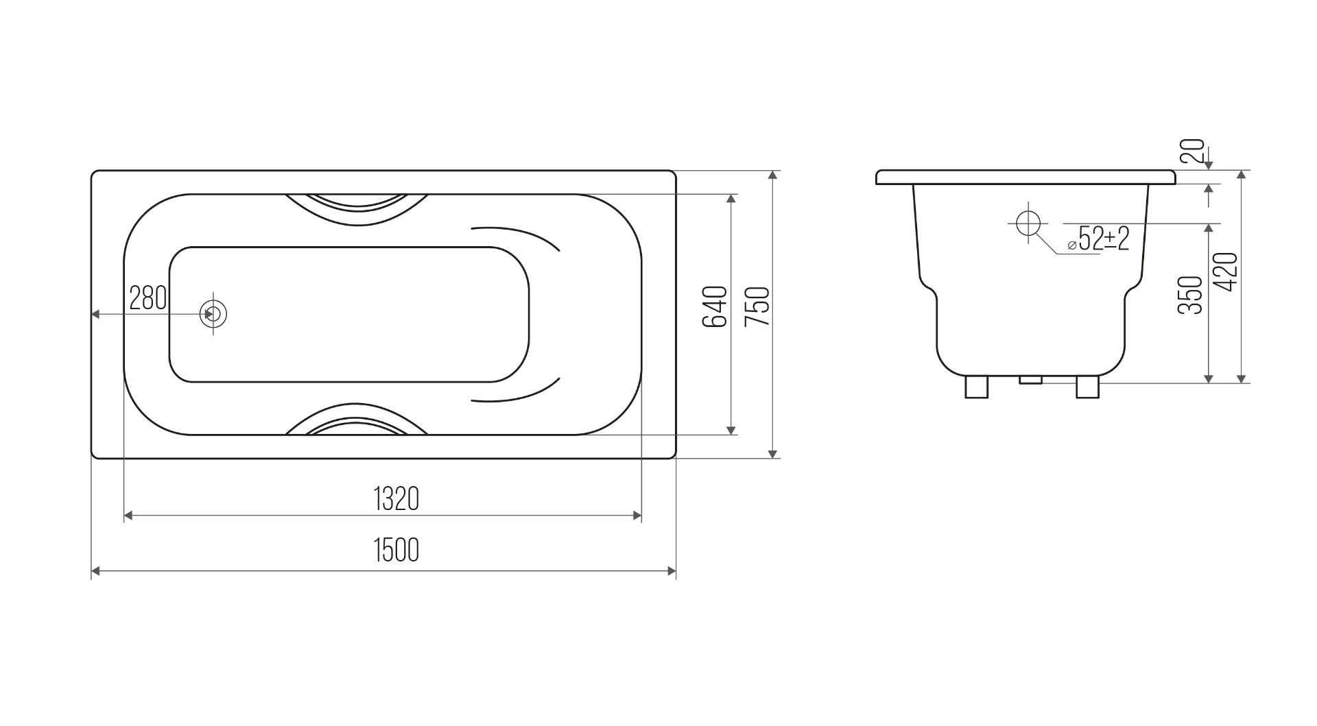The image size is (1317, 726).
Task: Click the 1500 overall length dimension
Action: click(396, 550)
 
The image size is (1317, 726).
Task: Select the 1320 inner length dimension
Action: click(396, 499)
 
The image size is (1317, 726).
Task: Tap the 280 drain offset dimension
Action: click(148, 298)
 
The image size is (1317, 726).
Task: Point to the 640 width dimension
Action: click(715, 306)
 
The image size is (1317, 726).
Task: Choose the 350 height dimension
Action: click(1191, 295)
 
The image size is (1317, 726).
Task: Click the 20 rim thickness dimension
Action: click(1194, 151)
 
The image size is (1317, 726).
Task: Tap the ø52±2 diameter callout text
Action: click(1097, 239)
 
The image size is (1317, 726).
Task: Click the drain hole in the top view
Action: click(213, 314)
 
